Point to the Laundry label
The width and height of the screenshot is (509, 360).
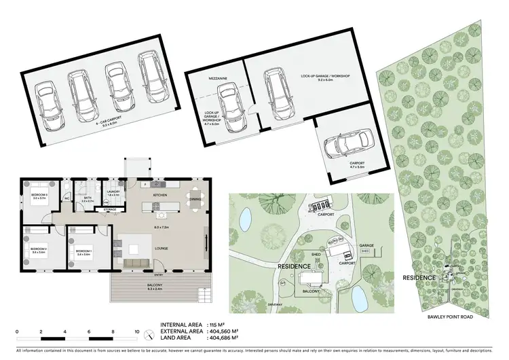click(113, 192)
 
